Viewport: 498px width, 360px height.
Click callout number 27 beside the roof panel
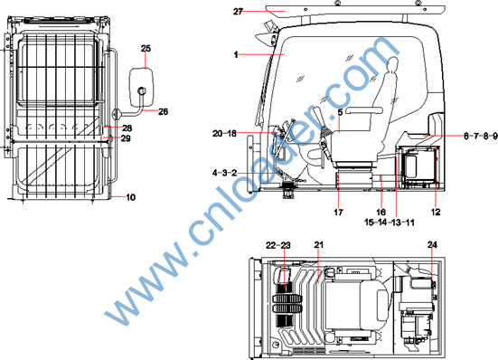(238, 12)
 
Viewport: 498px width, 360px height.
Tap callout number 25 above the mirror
(146, 49)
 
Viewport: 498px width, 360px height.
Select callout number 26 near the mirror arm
(163, 111)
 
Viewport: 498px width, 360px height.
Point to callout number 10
(130, 197)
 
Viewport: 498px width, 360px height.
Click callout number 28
(127, 128)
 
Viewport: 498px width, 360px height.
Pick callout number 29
(126, 138)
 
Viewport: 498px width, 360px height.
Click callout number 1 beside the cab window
(236, 54)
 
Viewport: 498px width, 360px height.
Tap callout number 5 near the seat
(340, 112)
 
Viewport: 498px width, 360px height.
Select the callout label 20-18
(224, 134)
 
